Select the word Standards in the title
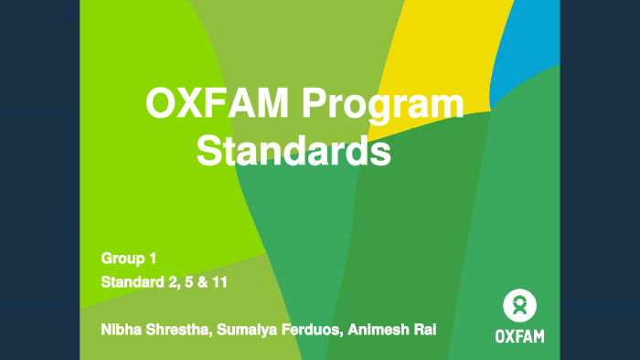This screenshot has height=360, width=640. pyautogui.click(x=293, y=151)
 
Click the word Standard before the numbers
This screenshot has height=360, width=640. pyautogui.click(x=133, y=282)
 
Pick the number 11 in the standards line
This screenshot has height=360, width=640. pyautogui.click(x=219, y=282)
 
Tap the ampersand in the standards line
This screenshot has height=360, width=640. pyautogui.click(x=201, y=282)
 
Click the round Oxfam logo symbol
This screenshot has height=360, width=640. pyautogui.click(x=519, y=304)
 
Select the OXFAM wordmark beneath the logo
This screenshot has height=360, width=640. pyautogui.click(x=519, y=335)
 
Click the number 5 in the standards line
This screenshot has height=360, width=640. pyautogui.click(x=188, y=282)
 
